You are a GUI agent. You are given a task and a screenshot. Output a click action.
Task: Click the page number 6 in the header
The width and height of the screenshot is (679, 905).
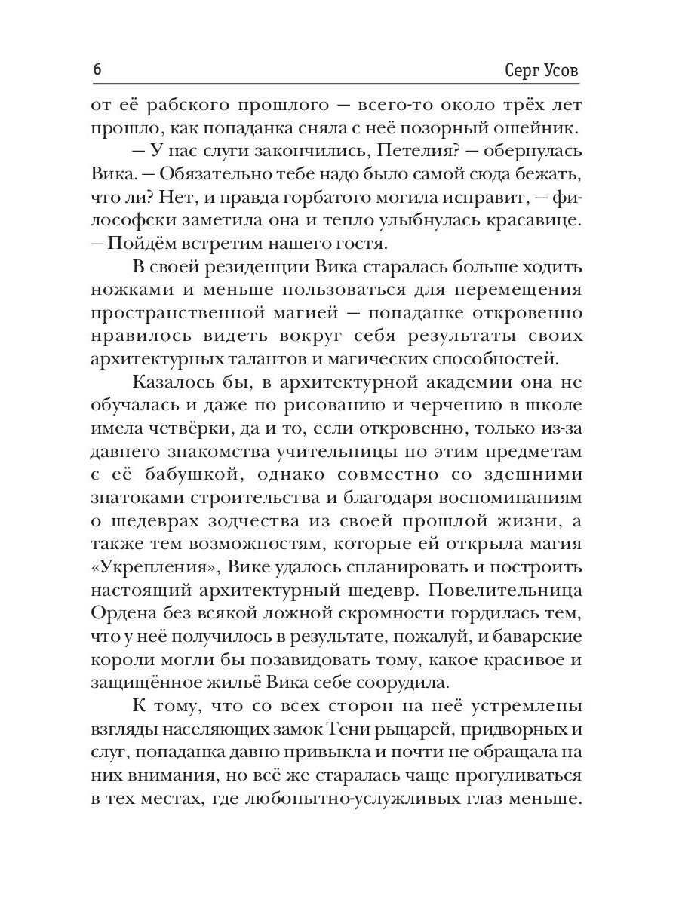pyautogui.click(x=97, y=70)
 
